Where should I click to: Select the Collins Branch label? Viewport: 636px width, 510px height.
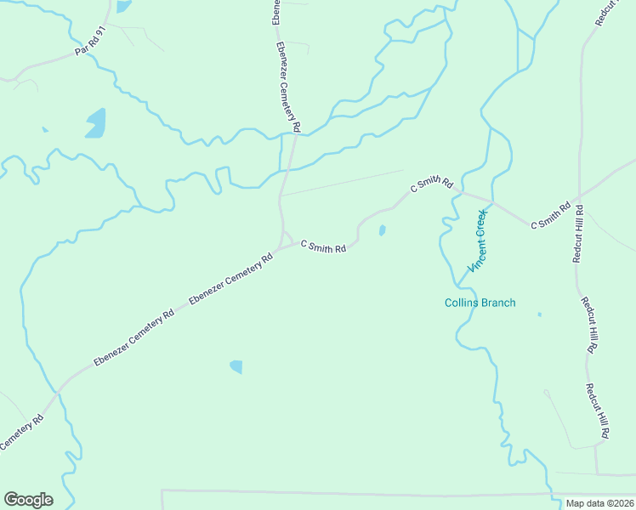[480, 303]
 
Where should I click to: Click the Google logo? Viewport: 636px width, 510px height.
[28, 500]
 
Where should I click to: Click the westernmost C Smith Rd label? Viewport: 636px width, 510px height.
[323, 247]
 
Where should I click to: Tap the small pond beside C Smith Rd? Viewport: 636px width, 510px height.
[382, 229]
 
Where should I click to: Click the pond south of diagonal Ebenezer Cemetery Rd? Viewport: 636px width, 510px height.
[236, 366]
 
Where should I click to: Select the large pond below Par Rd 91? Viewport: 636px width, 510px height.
[95, 123]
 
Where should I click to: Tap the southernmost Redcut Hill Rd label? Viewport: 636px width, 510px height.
[597, 411]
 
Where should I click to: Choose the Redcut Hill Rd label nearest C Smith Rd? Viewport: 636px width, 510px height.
[578, 233]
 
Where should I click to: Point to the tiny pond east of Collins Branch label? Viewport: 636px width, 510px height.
[539, 314]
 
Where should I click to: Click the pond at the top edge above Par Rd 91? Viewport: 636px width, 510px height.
[123, 5]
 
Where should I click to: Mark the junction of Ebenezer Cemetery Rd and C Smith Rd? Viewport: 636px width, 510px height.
[283, 241]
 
